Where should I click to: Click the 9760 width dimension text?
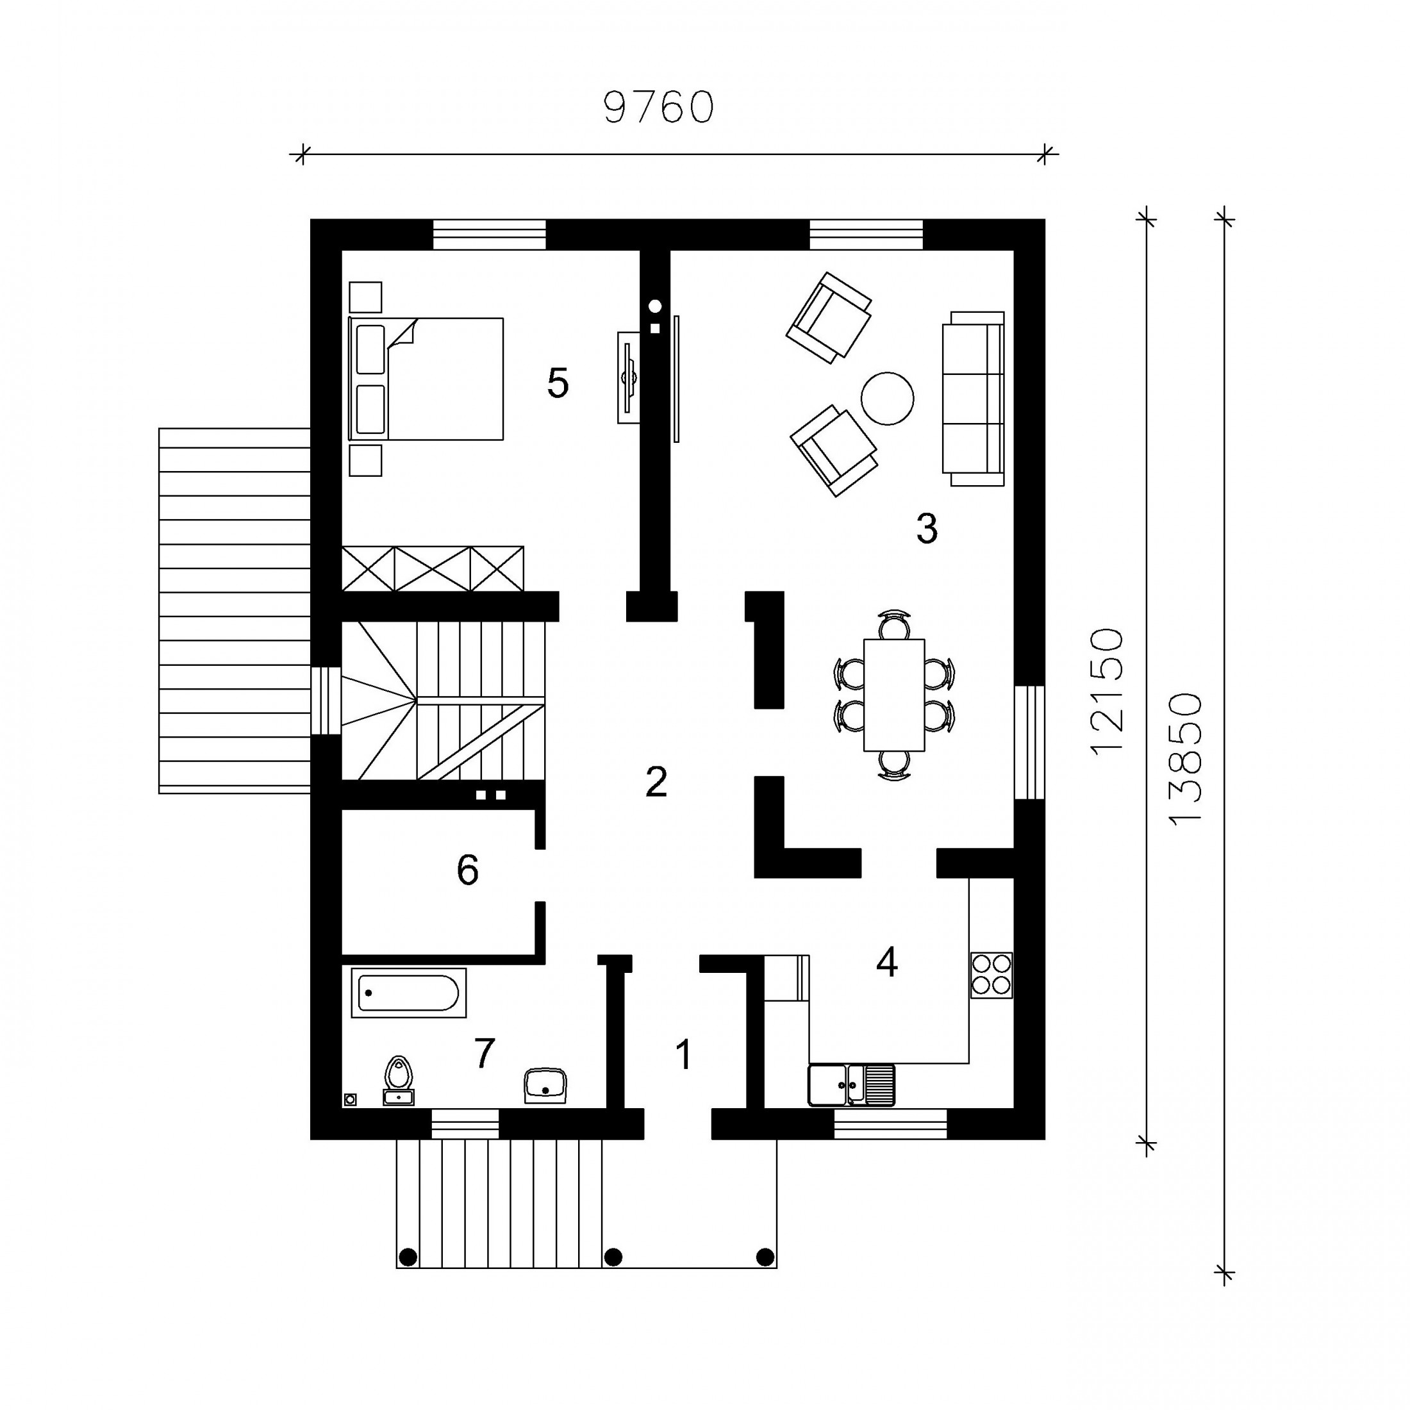(x=658, y=107)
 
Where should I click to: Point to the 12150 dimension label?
(x=1106, y=691)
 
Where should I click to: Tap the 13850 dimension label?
(x=1184, y=759)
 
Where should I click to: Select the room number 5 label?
(x=558, y=384)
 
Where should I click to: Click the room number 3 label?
(x=927, y=529)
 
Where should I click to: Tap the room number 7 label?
(x=485, y=1053)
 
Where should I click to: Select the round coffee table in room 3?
(x=888, y=398)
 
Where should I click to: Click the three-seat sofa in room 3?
(x=974, y=399)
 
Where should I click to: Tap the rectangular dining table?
(x=894, y=695)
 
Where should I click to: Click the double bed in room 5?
(x=426, y=379)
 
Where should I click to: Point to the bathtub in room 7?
(x=409, y=993)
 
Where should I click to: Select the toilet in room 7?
(x=399, y=1081)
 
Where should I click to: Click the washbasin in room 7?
(x=546, y=1086)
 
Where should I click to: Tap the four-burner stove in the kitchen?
(x=991, y=975)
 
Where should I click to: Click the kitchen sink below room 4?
(x=852, y=1084)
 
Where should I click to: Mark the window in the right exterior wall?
(x=1030, y=742)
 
